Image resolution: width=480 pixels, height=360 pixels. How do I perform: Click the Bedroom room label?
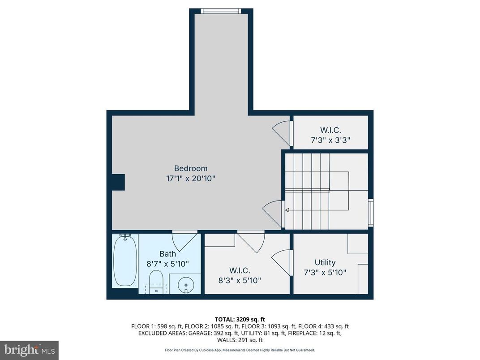pyautogui.click(x=191, y=168)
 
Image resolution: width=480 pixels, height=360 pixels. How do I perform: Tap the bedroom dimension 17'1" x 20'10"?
pyautogui.click(x=191, y=178)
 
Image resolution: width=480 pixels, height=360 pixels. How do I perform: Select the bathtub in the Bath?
pyautogui.click(x=125, y=260)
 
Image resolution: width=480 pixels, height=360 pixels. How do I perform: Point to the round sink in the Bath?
pyautogui.click(x=185, y=284)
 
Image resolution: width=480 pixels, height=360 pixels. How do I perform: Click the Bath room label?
pyautogui.click(x=167, y=254)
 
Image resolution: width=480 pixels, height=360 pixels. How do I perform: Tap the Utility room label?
pyautogui.click(x=325, y=262)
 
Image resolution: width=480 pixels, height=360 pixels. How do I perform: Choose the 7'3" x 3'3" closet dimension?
pyautogui.click(x=330, y=140)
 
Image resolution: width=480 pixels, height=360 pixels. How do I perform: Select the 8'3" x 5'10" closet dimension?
pyautogui.click(x=239, y=281)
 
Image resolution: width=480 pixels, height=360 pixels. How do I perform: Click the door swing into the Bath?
pyautogui.click(x=184, y=240)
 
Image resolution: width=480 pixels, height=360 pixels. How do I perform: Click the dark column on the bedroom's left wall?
pyautogui.click(x=118, y=182)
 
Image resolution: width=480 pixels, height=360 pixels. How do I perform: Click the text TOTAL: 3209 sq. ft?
pyautogui.click(x=240, y=319)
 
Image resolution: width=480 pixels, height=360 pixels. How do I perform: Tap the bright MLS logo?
pyautogui.click(x=29, y=350)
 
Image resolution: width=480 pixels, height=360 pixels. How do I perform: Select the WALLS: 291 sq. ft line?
pyautogui.click(x=240, y=340)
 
